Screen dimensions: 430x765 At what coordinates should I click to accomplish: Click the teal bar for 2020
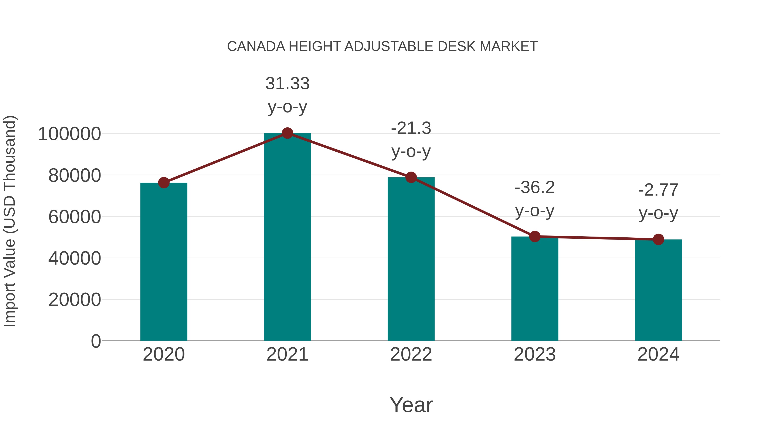164,261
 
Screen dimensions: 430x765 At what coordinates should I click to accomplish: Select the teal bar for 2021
287,237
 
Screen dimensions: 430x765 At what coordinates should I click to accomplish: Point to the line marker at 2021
287,133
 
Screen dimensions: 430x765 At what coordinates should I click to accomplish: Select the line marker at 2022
411,178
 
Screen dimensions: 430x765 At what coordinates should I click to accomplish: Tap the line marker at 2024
658,239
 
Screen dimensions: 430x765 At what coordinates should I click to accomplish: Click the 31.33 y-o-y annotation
287,95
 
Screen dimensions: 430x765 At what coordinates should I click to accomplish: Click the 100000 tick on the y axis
69,134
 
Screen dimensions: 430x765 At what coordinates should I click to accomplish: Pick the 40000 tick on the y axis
75,258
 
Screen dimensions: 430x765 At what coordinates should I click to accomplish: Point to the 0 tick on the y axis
96,341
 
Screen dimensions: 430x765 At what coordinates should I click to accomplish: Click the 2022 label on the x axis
411,354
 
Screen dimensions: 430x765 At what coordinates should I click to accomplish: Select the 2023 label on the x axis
535,354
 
